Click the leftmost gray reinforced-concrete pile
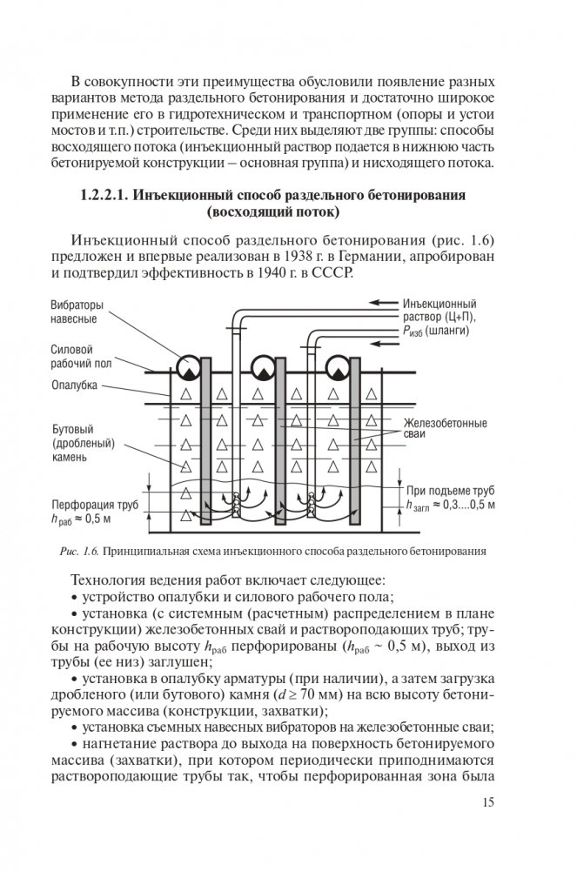205,444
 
